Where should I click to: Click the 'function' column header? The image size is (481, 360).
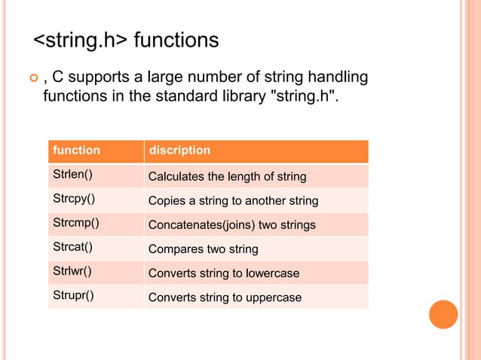point(76,151)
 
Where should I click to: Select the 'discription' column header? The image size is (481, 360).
point(179,151)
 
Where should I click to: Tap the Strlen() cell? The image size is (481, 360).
point(72,176)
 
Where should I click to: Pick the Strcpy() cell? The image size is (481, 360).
point(72,201)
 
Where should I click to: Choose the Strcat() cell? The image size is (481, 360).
point(72,249)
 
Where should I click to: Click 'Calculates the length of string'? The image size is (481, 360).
point(227,177)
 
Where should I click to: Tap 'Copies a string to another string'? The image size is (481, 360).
point(233,202)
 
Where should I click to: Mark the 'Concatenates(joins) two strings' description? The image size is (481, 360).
point(231,225)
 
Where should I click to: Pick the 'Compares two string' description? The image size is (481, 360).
point(203,249)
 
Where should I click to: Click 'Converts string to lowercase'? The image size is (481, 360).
point(224,273)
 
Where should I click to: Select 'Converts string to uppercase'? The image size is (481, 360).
point(225,297)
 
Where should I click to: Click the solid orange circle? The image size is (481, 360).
point(444,314)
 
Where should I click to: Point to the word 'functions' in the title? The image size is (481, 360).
point(176,39)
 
